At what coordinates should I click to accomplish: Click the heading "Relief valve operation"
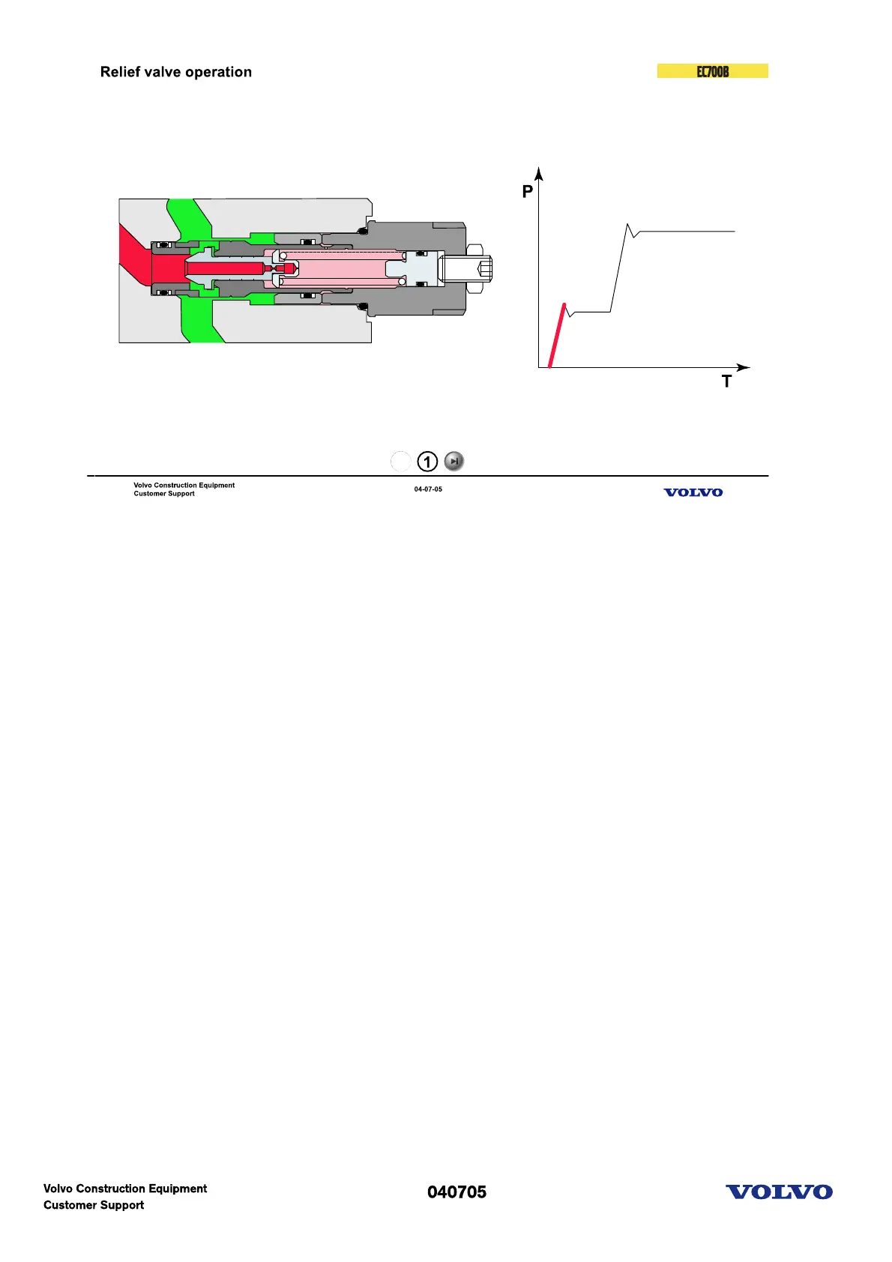[x=175, y=72]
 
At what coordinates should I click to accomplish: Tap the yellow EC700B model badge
[x=712, y=71]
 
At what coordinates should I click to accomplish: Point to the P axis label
[x=528, y=192]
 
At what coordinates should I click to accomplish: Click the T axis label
[x=726, y=382]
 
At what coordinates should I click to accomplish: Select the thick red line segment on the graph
[x=557, y=336]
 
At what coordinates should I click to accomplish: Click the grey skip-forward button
[x=454, y=462]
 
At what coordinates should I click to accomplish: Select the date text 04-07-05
[x=428, y=489]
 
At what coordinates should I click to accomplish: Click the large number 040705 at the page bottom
[x=456, y=1192]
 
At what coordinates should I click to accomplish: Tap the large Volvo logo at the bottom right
[x=779, y=1192]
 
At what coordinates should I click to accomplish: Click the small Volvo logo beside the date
[x=693, y=492]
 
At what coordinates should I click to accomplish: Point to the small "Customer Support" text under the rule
[x=164, y=494]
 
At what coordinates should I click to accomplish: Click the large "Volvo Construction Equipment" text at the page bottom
[x=125, y=1189]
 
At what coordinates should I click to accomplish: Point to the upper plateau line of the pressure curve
[x=686, y=232]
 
